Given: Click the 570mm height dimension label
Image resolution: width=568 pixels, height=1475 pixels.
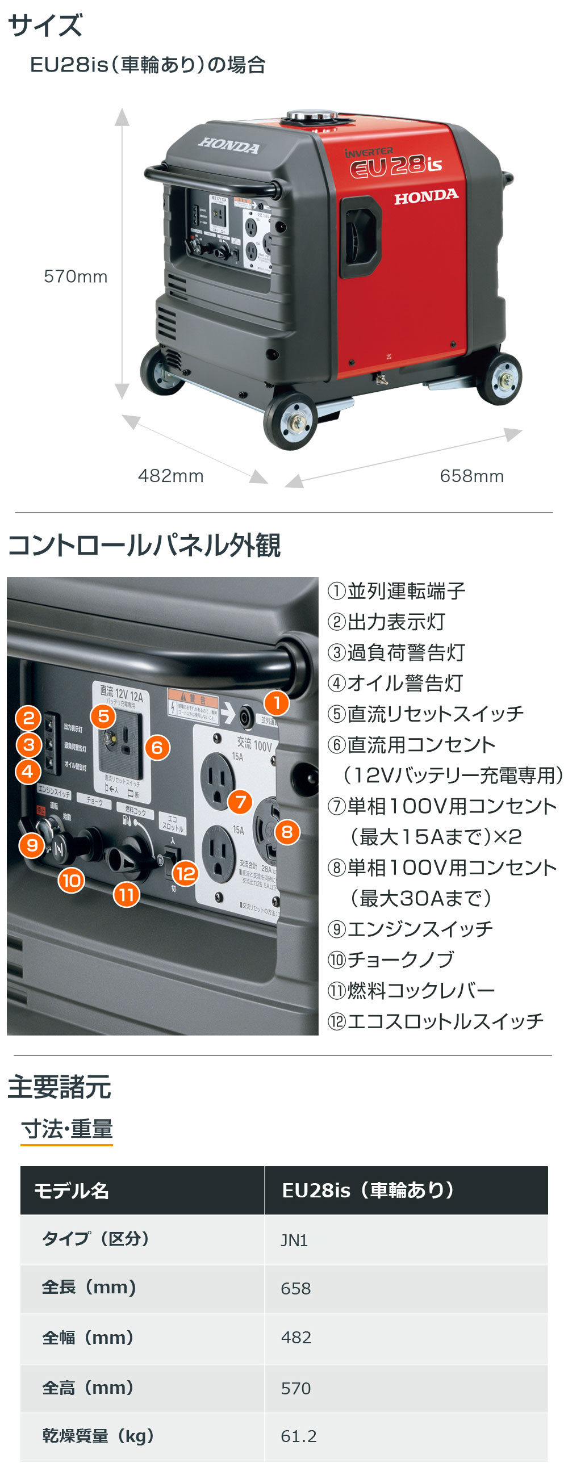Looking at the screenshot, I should [76, 277].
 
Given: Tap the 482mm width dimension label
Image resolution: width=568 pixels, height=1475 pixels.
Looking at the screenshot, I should [170, 476].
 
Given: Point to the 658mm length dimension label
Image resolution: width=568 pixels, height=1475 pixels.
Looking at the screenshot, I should [471, 476].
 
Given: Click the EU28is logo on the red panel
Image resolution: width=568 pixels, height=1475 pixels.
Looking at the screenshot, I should [396, 165].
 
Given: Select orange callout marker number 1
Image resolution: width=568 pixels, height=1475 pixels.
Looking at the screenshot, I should [277, 702].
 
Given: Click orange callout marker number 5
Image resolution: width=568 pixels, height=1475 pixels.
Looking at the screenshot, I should [103, 716].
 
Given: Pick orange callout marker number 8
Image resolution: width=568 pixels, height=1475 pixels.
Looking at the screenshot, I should [287, 831].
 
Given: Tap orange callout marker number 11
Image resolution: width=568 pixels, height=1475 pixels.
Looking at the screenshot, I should [127, 894].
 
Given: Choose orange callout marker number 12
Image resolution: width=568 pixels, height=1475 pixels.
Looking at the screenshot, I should [186, 873].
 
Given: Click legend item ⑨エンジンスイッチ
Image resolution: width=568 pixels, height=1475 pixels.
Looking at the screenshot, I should [410, 929].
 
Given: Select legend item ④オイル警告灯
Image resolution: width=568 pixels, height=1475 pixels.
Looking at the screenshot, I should [395, 683].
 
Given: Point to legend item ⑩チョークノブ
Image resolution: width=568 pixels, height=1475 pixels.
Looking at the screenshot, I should [391, 959].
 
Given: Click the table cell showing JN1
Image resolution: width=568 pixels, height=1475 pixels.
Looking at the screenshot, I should [294, 1240].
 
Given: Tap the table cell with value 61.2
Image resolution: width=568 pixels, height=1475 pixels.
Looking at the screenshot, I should [298, 1436].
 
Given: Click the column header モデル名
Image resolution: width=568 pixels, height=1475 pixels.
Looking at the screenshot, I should [72, 1191].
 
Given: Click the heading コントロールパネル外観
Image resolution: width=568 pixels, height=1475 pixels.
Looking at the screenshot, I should [144, 545].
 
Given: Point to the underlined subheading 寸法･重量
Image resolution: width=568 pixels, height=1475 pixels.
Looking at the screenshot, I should [67, 1129].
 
